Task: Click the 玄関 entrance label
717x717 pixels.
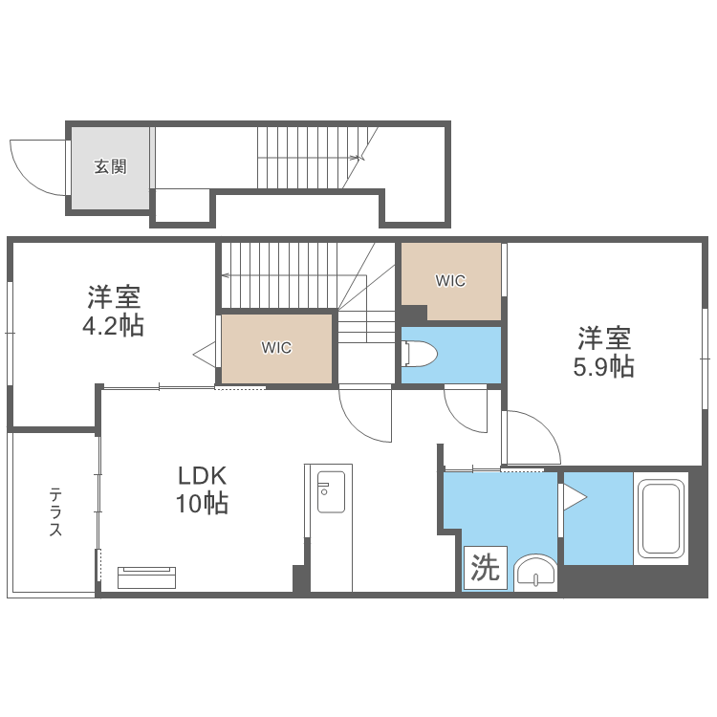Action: [110, 166]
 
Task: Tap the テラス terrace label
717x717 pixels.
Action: [55, 511]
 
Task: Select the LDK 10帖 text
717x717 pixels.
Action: [202, 489]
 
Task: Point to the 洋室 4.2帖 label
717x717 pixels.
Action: [114, 311]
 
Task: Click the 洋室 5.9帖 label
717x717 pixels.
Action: [603, 351]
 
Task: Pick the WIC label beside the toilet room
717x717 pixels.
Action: [450, 280]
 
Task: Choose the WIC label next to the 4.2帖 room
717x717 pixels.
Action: [276, 348]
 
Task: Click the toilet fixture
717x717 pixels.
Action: [420, 354]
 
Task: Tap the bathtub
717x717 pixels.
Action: [661, 518]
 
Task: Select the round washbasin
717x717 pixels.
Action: [535, 573]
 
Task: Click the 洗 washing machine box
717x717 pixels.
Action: [485, 568]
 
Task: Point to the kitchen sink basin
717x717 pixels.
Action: [331, 491]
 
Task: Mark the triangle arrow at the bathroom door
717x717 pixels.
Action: [575, 497]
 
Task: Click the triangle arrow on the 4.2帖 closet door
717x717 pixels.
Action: [205, 355]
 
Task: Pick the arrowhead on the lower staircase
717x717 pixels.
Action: [226, 275]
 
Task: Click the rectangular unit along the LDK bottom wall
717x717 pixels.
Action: [147, 577]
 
